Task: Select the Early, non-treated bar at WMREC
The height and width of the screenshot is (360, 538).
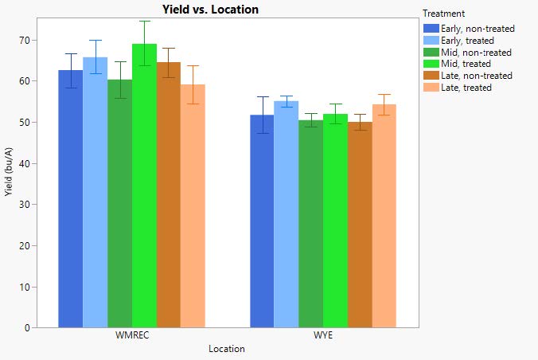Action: click(70, 199)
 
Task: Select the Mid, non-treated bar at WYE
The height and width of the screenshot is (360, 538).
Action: click(311, 224)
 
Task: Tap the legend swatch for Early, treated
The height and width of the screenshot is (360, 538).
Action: click(430, 40)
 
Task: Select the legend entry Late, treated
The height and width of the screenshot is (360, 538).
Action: click(467, 88)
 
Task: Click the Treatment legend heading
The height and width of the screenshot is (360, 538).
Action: click(444, 14)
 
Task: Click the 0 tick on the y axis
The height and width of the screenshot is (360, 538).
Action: click(26, 327)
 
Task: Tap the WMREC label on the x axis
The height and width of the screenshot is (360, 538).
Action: click(131, 335)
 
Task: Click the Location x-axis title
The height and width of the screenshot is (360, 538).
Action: click(226, 349)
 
